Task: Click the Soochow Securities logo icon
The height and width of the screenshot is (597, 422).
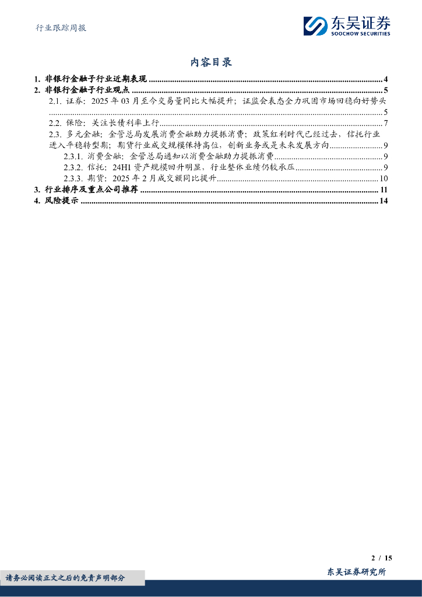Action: pos(316,26)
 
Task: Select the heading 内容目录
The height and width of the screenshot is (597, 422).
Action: pos(211,62)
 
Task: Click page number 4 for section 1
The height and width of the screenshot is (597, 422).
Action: pos(386,79)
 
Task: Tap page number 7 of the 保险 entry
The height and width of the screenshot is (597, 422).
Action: pos(386,123)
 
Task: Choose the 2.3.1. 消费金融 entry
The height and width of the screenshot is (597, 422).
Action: pos(169,156)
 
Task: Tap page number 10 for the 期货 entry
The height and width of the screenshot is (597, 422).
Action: pos(384,178)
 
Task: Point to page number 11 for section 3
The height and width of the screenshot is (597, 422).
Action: pos(384,190)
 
